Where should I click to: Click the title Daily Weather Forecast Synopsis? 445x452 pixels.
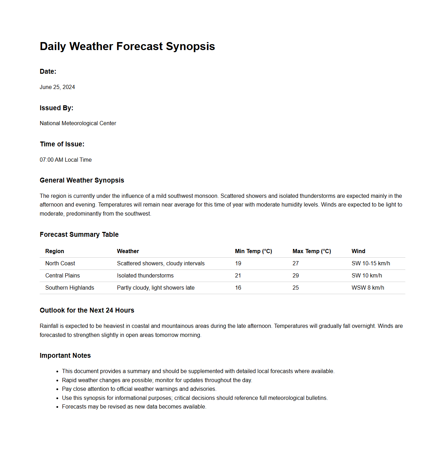[127, 46]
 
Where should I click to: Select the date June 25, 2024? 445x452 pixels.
[57, 87]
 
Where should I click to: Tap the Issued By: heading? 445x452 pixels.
[56, 108]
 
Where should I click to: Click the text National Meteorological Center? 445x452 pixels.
[78, 123]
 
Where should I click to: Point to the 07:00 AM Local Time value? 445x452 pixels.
[65, 160]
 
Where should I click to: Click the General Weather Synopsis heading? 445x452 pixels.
[82, 180]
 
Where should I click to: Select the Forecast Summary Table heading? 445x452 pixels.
[79, 234]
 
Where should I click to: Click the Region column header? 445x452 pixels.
[55, 251]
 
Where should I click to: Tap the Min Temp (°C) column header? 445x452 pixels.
[253, 251]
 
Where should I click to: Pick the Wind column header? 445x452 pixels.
[358, 251]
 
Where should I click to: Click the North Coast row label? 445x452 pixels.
[60, 263]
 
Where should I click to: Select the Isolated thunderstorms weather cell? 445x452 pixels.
[145, 275]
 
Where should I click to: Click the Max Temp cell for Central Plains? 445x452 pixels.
[296, 275]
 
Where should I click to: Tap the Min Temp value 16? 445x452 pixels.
[238, 288]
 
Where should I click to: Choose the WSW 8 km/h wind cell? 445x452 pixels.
[368, 288]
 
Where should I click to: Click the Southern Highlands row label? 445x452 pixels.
[70, 288]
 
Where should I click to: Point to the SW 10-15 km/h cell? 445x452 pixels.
[370, 263]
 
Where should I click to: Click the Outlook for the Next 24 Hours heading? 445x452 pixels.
[87, 310]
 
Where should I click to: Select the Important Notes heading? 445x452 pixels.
[65, 355]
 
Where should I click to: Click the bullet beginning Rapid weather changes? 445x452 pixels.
[157, 380]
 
